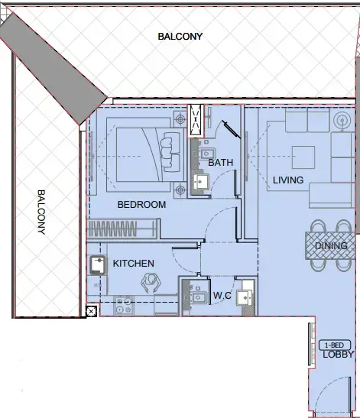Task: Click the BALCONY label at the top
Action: (180, 36)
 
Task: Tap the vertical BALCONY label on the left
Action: (41, 212)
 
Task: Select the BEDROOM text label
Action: (141, 205)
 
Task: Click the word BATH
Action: (220, 163)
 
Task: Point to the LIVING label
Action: (288, 180)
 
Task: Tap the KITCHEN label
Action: (134, 264)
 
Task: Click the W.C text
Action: (222, 295)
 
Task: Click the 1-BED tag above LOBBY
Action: (329, 345)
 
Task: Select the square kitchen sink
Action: (97, 266)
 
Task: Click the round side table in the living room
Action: (341, 120)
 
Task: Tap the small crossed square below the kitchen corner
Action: (91, 311)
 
